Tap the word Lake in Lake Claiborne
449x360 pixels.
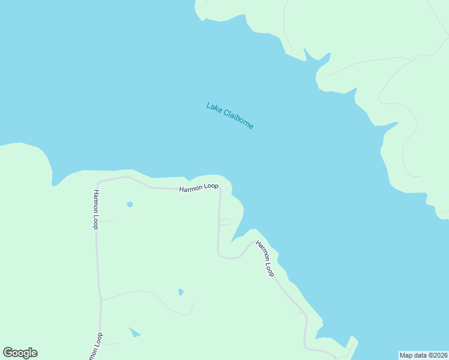214,107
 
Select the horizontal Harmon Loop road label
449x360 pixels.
199,187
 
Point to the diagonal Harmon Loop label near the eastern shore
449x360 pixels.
265,259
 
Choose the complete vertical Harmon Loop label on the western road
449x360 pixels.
95,209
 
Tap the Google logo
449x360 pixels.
20,353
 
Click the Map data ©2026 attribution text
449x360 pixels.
424,355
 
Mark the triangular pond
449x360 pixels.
134,332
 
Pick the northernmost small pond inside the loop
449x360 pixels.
130,205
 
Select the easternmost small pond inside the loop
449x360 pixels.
181,292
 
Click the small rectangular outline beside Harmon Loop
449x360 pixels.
224,222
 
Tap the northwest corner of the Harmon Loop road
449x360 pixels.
99,181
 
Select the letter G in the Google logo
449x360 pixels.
8,353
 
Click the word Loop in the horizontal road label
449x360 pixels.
211,187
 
